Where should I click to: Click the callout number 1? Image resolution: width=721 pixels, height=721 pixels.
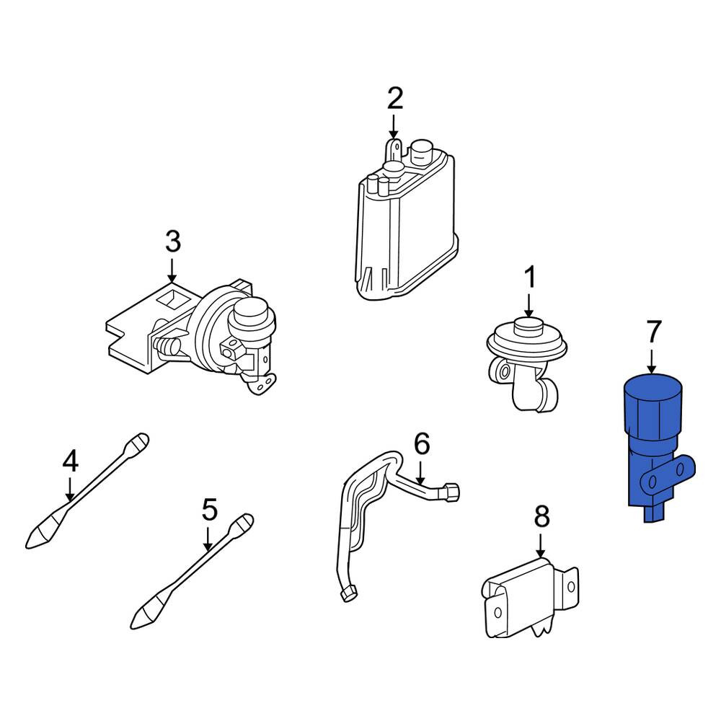(530, 278)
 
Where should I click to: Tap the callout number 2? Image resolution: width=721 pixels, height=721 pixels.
(395, 98)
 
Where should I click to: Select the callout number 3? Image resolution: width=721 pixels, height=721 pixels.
(173, 242)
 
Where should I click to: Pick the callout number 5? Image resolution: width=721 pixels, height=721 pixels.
(210, 510)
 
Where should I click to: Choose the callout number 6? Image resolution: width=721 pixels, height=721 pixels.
(422, 443)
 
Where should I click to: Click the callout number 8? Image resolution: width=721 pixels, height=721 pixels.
(541, 516)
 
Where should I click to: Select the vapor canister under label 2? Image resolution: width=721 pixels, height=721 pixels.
(407, 221)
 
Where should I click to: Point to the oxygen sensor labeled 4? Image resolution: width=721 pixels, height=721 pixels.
(87, 490)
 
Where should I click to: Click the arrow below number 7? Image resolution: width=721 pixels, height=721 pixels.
(652, 361)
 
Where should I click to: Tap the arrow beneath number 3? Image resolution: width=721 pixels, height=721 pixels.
(172, 270)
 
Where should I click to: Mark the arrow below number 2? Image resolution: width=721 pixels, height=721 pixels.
(394, 127)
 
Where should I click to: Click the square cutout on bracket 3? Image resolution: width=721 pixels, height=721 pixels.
(174, 298)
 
